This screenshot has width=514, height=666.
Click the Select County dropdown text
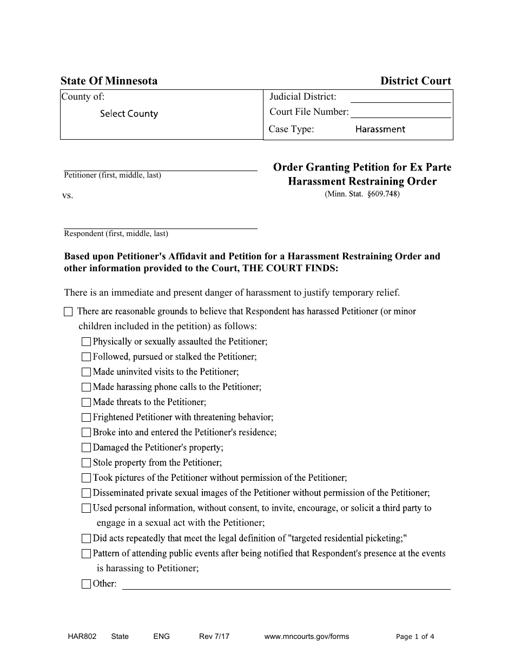(129, 114)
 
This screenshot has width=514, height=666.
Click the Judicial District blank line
(400, 97)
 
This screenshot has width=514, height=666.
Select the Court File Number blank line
(400, 113)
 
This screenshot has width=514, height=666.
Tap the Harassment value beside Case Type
(380, 129)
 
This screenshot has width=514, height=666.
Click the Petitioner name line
(160, 166)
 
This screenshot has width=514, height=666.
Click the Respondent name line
(160, 224)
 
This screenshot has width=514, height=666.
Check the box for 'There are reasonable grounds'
(68, 312)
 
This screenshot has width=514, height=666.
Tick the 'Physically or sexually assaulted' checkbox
(87, 342)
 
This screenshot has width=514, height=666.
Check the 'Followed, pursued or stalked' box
(87, 357)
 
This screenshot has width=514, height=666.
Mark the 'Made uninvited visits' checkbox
(87, 373)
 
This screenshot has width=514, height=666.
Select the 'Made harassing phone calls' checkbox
(87, 388)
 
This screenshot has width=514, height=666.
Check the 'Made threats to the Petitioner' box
(87, 403)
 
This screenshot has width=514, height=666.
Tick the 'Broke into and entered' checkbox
(87, 433)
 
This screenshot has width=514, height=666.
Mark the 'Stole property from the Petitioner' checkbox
(87, 463)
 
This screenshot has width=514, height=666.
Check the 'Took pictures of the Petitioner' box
(87, 479)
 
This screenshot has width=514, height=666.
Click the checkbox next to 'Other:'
(87, 584)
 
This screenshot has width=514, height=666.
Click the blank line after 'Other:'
(287, 585)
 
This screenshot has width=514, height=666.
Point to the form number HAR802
(78, 637)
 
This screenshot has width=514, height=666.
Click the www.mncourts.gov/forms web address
(306, 637)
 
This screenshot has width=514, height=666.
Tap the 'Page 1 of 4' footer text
(415, 637)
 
